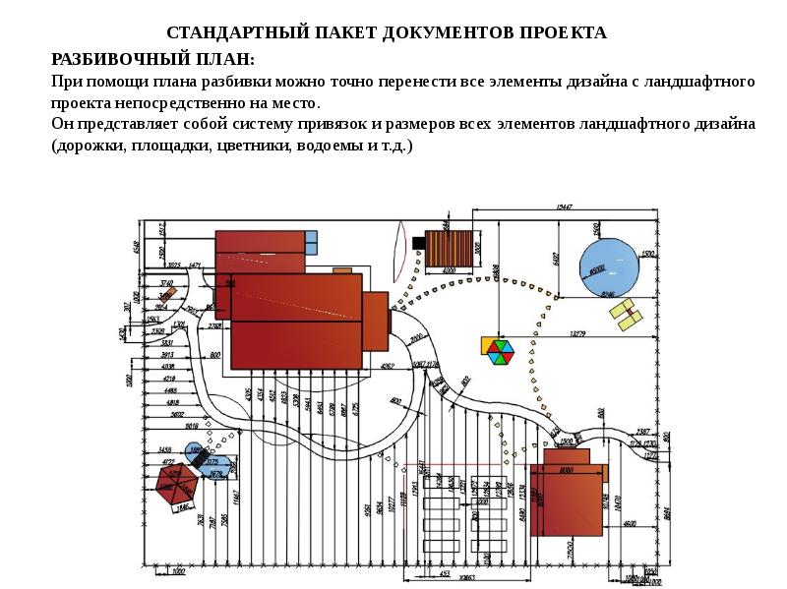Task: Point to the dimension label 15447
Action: [x=564, y=207]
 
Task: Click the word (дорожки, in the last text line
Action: [x=91, y=146]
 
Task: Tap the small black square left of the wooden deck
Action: [x=419, y=242]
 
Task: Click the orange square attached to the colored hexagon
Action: [x=487, y=345]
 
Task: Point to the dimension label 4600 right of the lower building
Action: [x=629, y=523]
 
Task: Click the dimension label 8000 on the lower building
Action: [x=566, y=471]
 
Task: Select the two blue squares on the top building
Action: [x=311, y=242]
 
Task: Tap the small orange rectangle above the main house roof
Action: [x=341, y=269]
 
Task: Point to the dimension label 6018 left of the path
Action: [x=191, y=427]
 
